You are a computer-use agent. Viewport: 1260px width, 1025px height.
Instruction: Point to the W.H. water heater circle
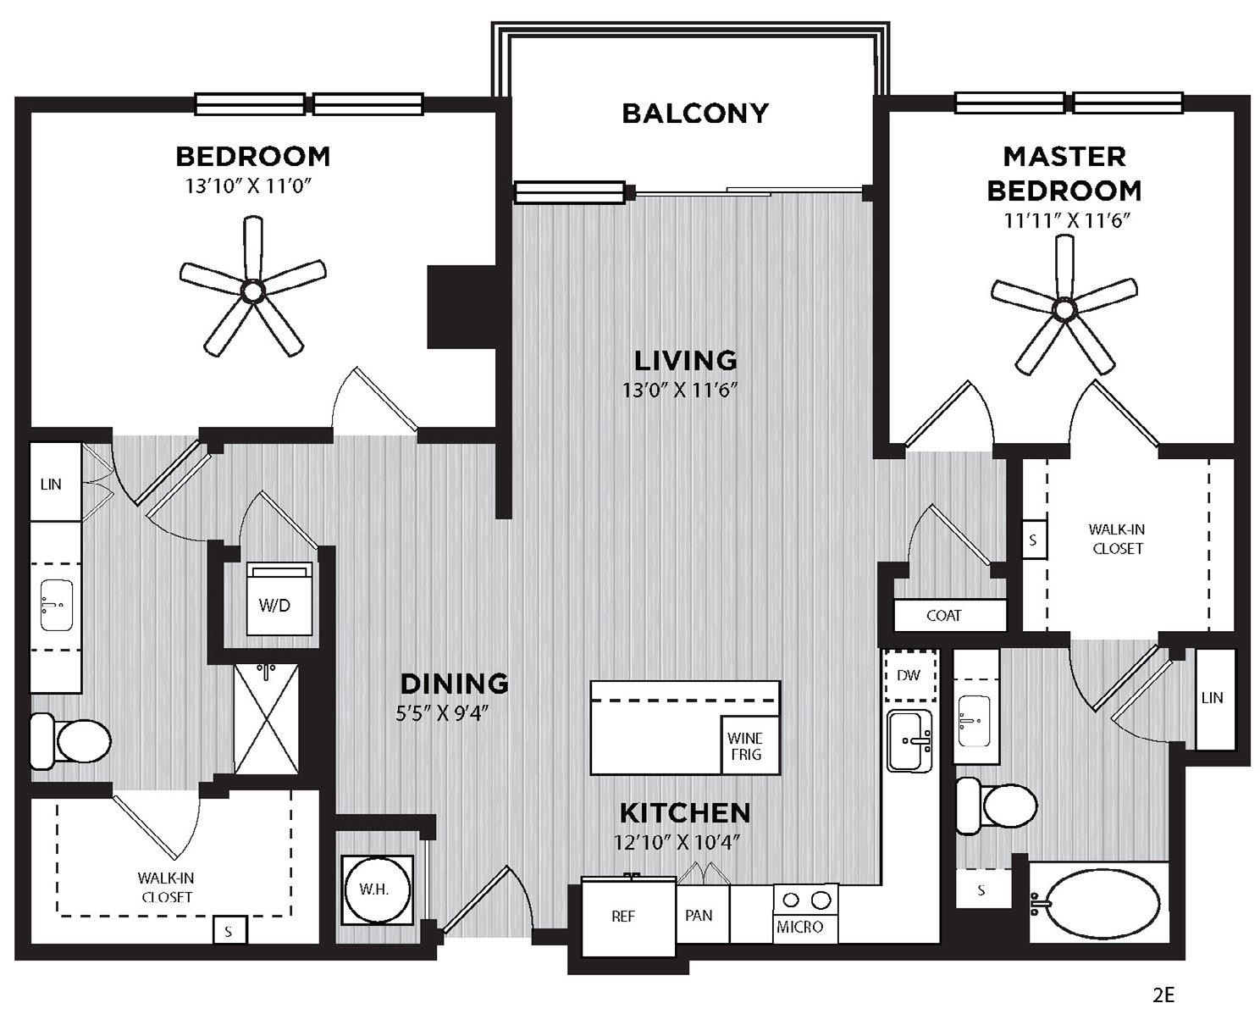click(x=376, y=889)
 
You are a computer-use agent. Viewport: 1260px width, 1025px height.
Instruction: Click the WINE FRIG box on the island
click(x=749, y=745)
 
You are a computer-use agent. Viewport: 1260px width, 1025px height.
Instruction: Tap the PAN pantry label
click(x=699, y=916)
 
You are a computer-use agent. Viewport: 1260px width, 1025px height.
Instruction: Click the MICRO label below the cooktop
click(x=799, y=927)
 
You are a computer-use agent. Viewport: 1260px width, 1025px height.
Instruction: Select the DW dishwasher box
click(x=909, y=675)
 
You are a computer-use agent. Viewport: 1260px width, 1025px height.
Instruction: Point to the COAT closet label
click(x=943, y=616)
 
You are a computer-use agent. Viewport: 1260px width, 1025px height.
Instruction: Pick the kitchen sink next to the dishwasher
click(x=909, y=740)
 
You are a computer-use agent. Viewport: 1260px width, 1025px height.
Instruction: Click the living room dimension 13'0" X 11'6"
click(x=680, y=390)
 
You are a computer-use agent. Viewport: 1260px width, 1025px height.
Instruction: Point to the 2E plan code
click(x=1163, y=995)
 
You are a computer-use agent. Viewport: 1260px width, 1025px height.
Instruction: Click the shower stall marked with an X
click(x=266, y=718)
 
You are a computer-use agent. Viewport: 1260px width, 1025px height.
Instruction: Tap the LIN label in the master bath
click(x=1212, y=698)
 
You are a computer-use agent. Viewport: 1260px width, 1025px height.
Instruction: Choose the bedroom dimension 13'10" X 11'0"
click(x=248, y=186)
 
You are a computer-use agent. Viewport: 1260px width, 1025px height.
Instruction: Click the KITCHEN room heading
click(x=685, y=812)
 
